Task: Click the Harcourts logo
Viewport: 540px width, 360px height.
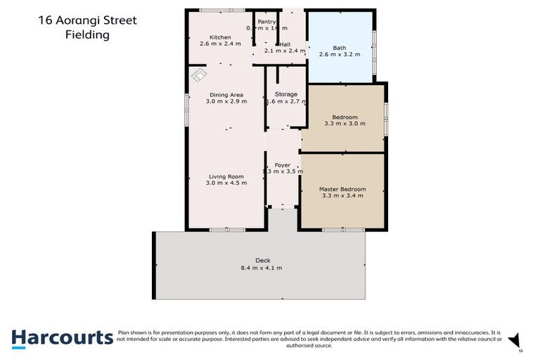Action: [x=62, y=337]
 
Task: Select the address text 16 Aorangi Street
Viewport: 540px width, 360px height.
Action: [x=88, y=20]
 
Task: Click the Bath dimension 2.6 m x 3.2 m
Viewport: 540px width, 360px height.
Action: [x=340, y=55]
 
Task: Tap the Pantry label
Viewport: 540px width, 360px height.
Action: [x=266, y=22]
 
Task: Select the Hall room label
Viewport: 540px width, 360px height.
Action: [x=285, y=44]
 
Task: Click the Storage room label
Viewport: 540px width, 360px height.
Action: [x=285, y=94]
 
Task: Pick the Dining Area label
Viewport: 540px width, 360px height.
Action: [x=226, y=94]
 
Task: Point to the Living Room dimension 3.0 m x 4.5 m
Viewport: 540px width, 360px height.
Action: [x=226, y=183]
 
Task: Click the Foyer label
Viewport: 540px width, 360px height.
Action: [x=283, y=165]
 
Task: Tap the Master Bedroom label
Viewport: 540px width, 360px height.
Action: [x=342, y=188]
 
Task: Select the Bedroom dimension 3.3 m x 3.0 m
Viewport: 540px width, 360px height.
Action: [x=341, y=124]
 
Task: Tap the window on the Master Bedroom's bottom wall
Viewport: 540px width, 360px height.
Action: [x=342, y=230]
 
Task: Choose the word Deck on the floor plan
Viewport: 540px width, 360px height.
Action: [x=261, y=260]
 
